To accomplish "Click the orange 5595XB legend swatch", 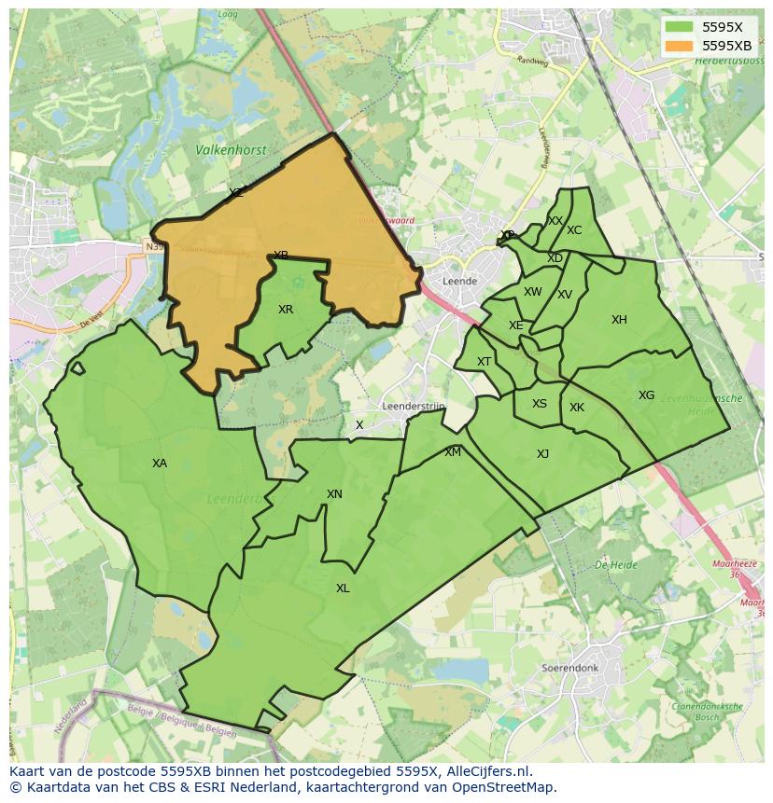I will point(680,46).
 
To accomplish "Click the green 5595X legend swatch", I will point(680,27).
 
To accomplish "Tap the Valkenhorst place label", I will point(231,149).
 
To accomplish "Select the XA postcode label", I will point(160,464).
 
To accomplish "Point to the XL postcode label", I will point(343,588).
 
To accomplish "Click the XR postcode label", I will point(286,310).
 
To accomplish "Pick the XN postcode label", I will point(334,494).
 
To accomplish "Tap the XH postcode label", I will point(619,320).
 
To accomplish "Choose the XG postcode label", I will point(646,395).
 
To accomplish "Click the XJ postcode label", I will point(542,454).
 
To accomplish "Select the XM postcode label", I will point(453,452).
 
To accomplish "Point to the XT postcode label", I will point(484,362).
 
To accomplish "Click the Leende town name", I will point(460,281).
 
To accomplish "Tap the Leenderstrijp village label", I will point(414,407).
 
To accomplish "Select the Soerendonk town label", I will point(569,669).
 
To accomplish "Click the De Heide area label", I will point(615,565).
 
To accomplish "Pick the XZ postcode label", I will point(236,193).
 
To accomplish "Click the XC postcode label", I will point(574,230).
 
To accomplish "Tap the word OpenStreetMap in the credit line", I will point(504,787).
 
